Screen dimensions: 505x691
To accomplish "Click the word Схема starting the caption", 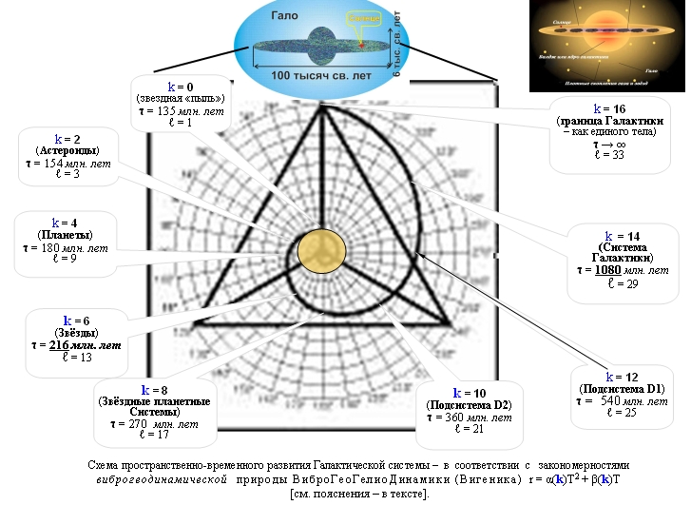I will tap(104, 463).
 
